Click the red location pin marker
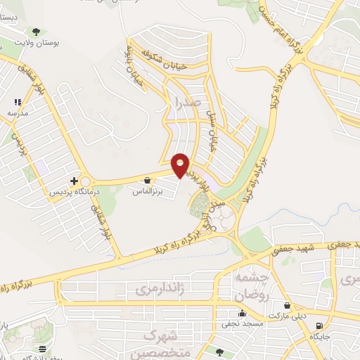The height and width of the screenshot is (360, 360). click(181, 165)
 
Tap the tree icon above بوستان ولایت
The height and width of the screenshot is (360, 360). click(36, 32)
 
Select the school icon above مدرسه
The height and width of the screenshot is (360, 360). click(18, 103)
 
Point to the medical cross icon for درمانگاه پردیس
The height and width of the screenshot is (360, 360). click(74, 181)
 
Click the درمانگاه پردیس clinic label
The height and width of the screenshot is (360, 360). click(75, 191)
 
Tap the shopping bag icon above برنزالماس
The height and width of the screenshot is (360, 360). click(147, 180)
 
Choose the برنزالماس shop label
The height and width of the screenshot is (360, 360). click(148, 191)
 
